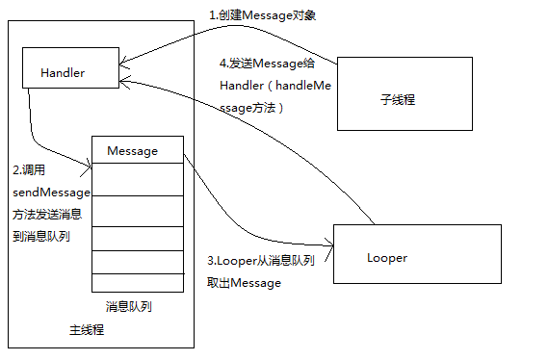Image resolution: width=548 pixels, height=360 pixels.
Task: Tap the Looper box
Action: [x=416, y=254]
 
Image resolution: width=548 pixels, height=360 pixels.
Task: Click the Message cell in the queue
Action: [x=137, y=150]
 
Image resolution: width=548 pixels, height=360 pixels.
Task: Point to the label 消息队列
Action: [x=128, y=306]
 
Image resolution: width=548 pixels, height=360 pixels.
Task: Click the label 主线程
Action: [x=87, y=330]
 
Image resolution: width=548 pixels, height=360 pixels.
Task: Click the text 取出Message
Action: [x=244, y=283]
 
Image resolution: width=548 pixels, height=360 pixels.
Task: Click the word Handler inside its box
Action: [x=63, y=73]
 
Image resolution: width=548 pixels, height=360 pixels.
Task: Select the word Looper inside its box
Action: [x=387, y=258]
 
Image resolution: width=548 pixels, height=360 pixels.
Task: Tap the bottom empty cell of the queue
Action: [x=137, y=282]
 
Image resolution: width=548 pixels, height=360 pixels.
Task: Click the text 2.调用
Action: [x=31, y=169]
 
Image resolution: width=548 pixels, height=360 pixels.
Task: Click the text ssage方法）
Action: [x=252, y=109]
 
